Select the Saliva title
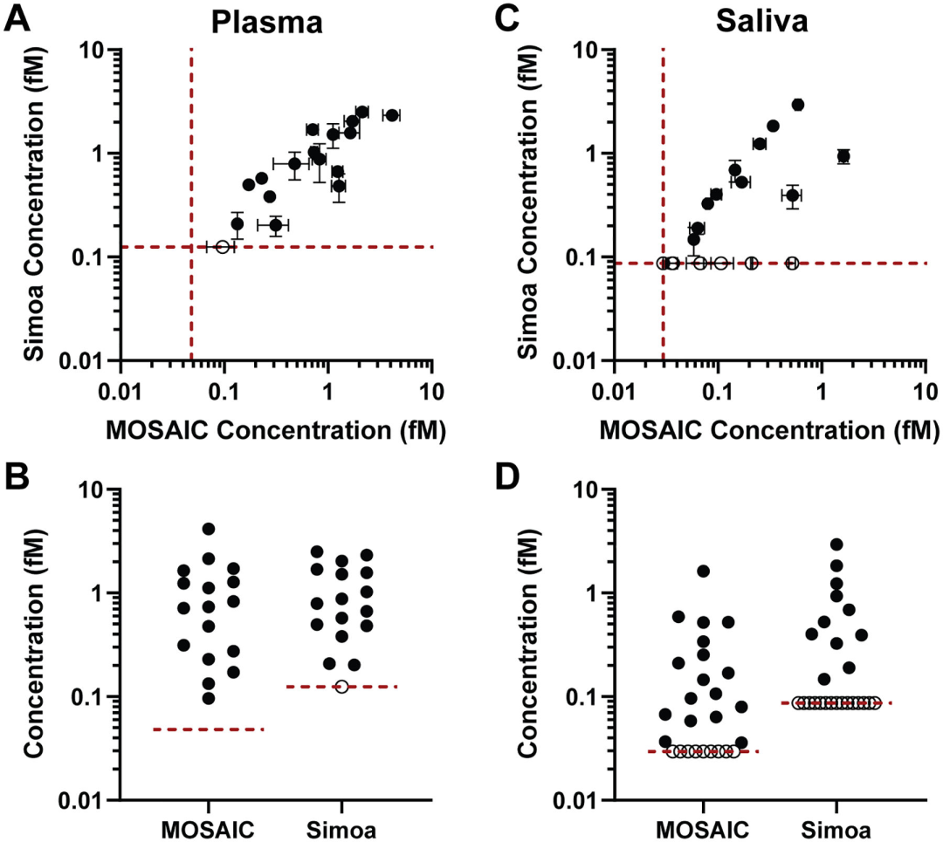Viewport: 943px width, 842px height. click(761, 21)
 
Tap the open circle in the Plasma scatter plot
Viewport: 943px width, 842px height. click(223, 247)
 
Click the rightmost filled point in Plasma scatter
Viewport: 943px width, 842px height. click(392, 115)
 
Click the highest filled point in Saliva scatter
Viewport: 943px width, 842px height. click(797, 105)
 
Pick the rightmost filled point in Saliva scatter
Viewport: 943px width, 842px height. click(843, 156)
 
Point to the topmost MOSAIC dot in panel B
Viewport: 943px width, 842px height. click(209, 529)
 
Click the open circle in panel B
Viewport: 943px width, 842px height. click(341, 687)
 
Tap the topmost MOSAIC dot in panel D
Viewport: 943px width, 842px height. click(703, 571)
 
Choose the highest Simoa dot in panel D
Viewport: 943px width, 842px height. click(836, 544)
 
